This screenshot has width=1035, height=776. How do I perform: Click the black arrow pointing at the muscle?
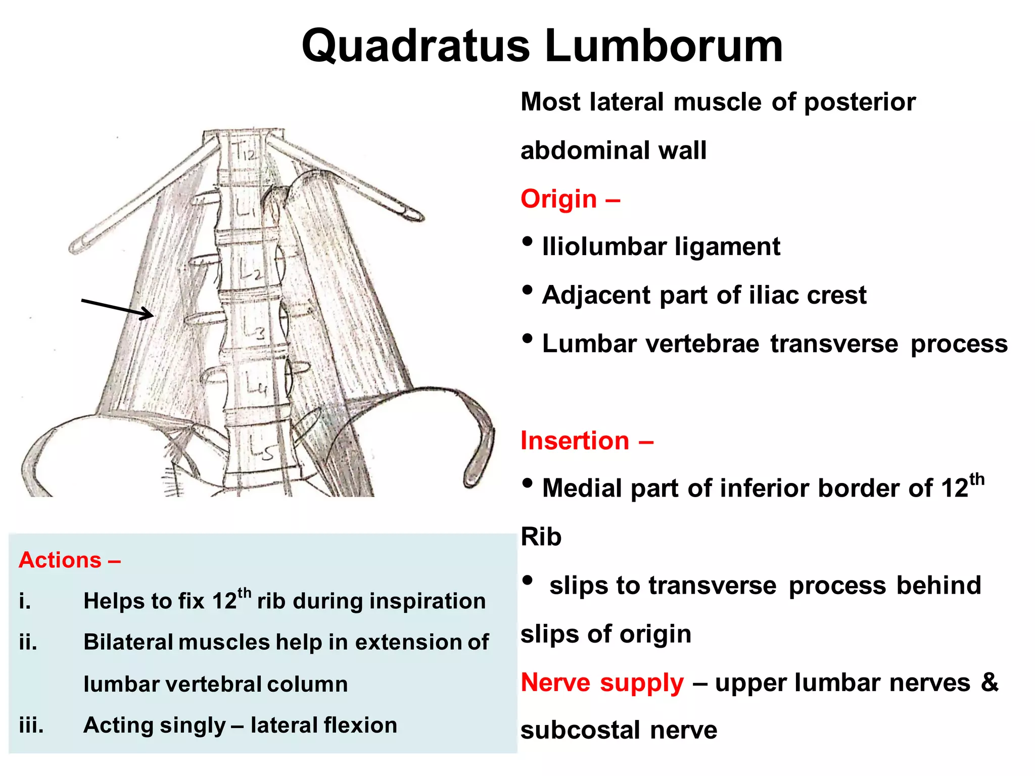pos(117,309)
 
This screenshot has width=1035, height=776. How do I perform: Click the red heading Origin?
pos(558,199)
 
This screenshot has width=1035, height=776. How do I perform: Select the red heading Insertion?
pos(575,441)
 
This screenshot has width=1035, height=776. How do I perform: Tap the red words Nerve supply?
pos(602,683)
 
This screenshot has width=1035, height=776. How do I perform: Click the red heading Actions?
pos(60,560)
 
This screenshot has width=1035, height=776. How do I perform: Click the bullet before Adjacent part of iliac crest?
pos(527,290)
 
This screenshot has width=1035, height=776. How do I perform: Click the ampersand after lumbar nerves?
pos(990,683)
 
